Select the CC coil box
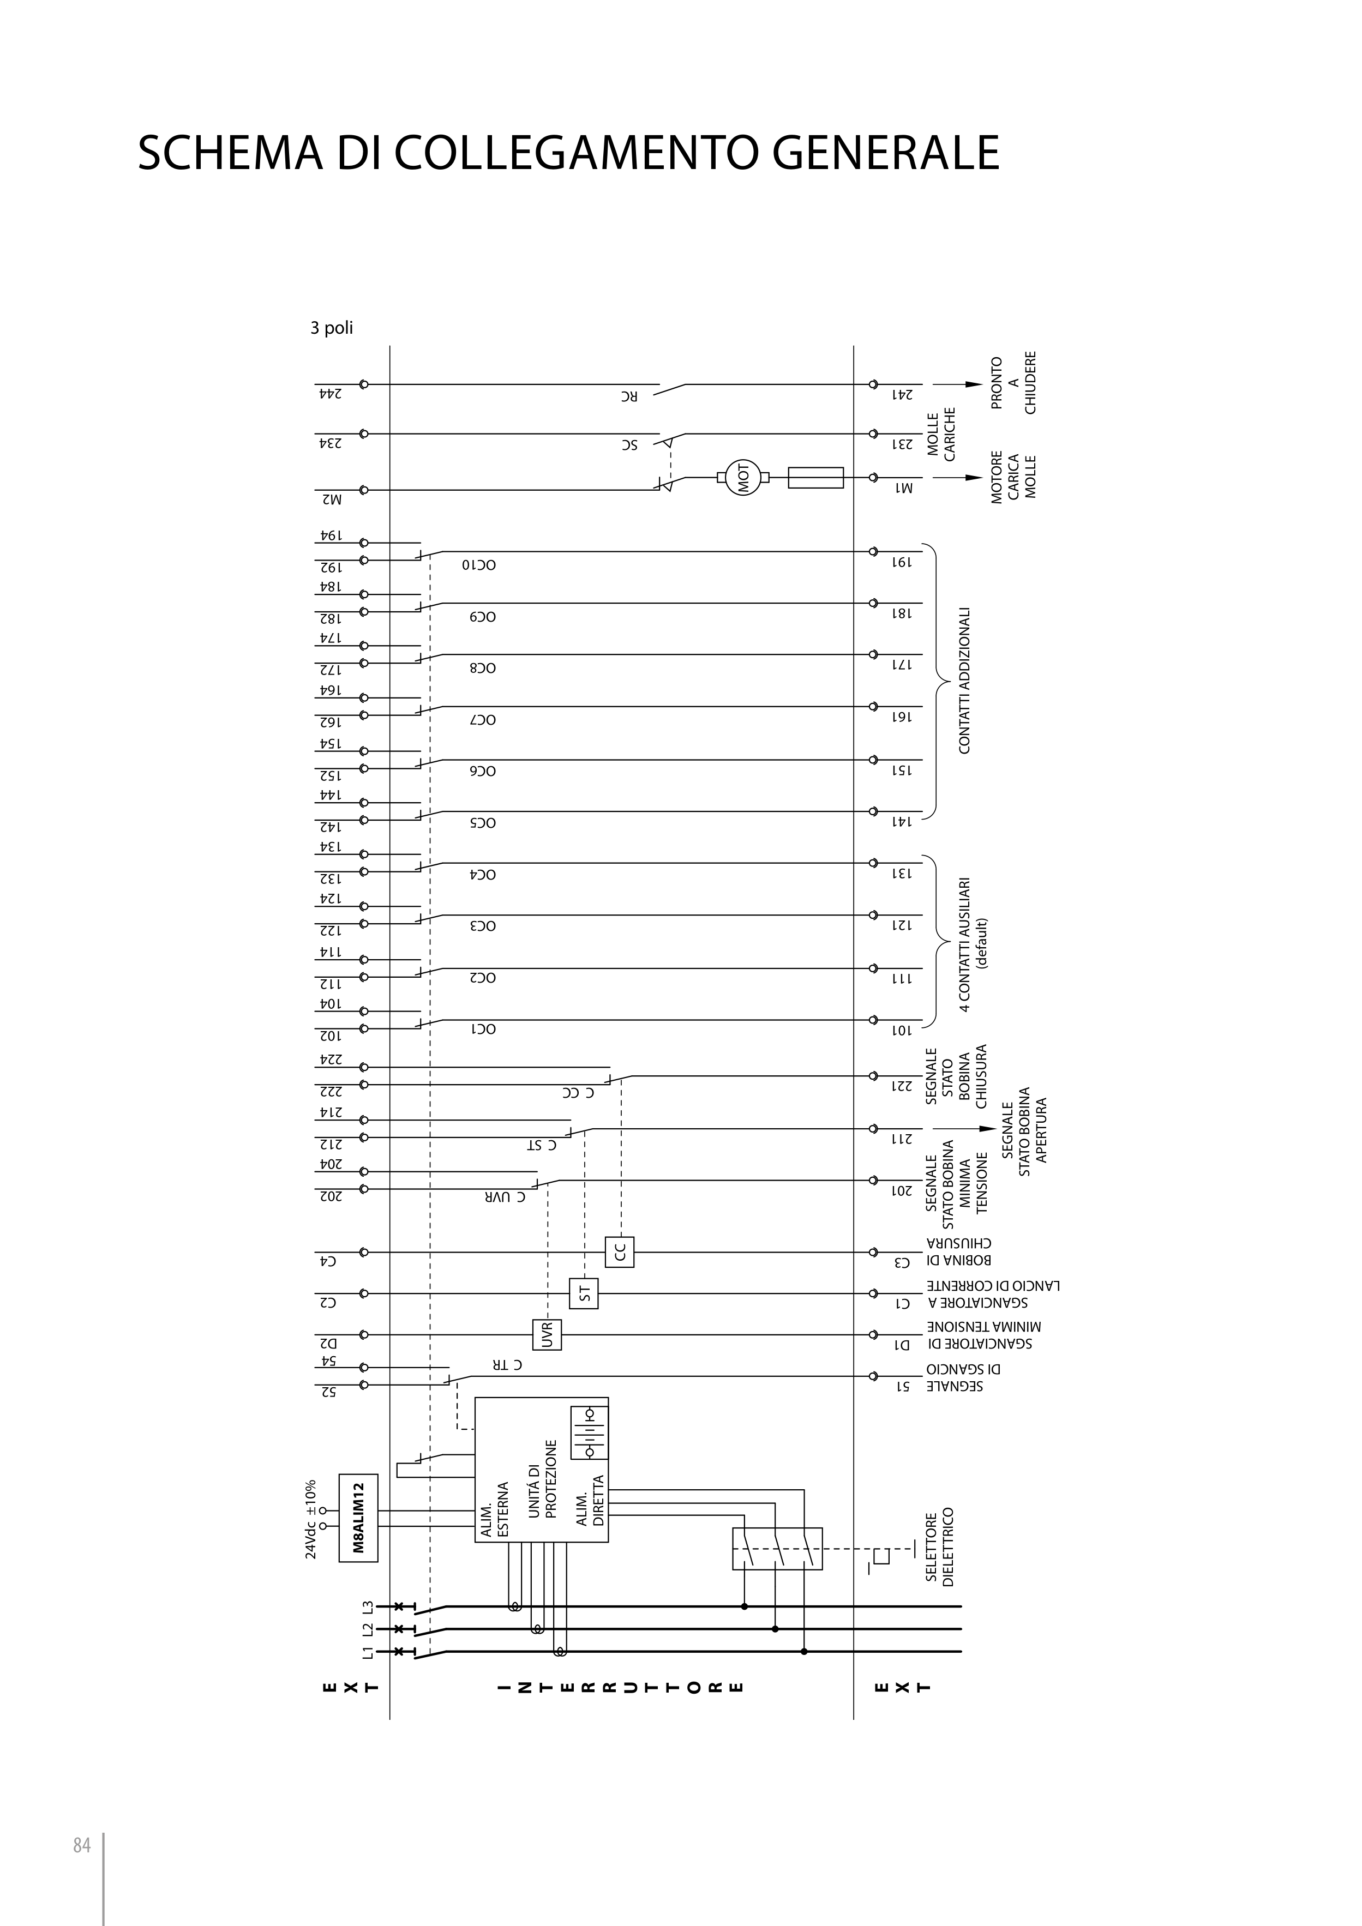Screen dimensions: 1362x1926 point(619,1251)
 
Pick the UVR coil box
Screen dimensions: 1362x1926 point(547,1334)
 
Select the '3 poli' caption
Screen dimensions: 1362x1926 point(332,328)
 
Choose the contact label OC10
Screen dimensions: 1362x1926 point(479,564)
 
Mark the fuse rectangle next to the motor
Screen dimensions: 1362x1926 point(815,477)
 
